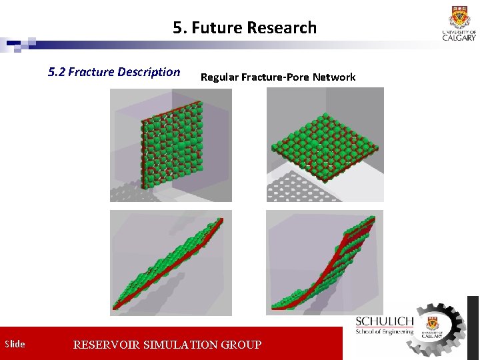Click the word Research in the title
(x=281, y=28)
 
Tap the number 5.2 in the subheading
(x=57, y=72)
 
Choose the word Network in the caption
(x=334, y=77)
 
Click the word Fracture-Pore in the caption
(x=275, y=77)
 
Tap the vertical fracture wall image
(x=171, y=145)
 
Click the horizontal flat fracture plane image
(x=325, y=145)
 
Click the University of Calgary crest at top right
(x=459, y=15)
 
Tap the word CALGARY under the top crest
(x=459, y=37)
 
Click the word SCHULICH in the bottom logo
(x=384, y=322)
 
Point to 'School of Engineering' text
(x=384, y=331)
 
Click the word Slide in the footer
(x=15, y=345)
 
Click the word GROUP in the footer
(x=241, y=345)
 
